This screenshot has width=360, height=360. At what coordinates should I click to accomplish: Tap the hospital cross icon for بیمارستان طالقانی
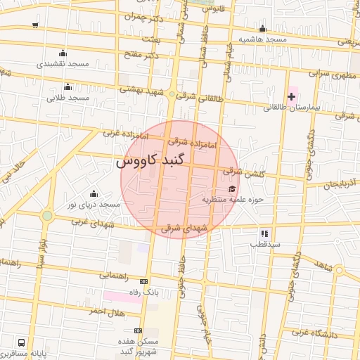pos(291,96)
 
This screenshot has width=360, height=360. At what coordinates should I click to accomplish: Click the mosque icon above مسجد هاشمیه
pos(262,29)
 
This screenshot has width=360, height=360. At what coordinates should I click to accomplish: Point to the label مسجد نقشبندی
pos(63,64)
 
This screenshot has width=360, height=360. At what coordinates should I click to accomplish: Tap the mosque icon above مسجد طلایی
pos(67,86)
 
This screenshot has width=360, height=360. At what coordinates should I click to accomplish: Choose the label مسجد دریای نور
pos(94,204)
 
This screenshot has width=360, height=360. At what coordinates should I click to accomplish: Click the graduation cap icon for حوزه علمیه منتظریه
pos(232,188)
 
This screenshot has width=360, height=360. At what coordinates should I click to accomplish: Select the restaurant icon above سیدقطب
pos(264,233)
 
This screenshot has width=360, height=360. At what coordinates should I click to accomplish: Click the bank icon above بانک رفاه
pos(144,281)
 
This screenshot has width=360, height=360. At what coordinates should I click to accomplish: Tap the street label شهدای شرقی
pos(185,228)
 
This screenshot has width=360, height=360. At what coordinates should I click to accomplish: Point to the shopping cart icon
pos(35,25)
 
